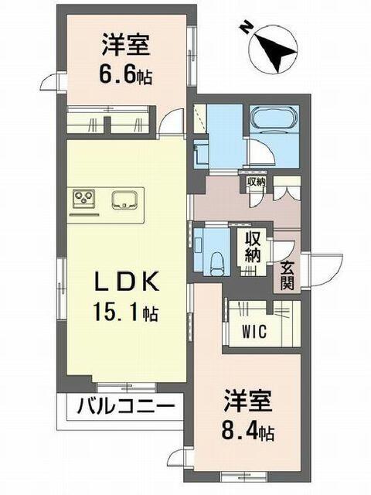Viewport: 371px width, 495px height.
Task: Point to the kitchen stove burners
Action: tap(84, 198)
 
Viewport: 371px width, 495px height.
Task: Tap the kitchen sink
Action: tap(124, 200)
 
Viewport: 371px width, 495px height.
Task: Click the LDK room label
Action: tap(126, 282)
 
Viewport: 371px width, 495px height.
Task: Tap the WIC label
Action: tap(254, 331)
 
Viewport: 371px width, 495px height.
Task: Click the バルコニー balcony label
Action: tap(126, 406)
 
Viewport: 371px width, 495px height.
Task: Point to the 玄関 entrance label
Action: tap(287, 275)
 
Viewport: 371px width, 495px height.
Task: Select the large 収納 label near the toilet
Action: tap(253, 247)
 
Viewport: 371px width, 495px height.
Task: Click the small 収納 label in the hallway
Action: tap(256, 183)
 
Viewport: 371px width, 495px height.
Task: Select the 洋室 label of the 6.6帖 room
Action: tap(125, 46)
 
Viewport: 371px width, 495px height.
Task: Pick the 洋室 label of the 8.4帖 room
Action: tap(247, 401)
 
